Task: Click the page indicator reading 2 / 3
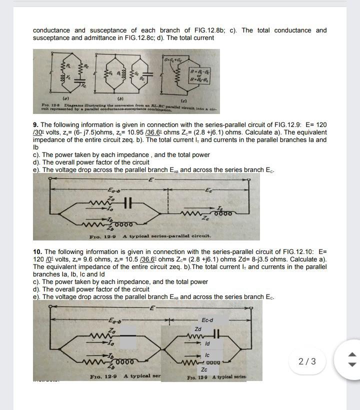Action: click(307, 361)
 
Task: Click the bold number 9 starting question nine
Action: click(35, 124)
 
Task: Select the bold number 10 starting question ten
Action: click(36, 251)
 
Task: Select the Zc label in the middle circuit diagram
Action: click(204, 217)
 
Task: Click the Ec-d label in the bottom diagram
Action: click(207, 319)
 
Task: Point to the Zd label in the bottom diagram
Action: click(198, 329)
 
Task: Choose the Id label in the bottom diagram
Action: click(207, 343)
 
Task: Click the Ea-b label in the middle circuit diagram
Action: click(114, 190)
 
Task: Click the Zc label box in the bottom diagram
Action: click(204, 369)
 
